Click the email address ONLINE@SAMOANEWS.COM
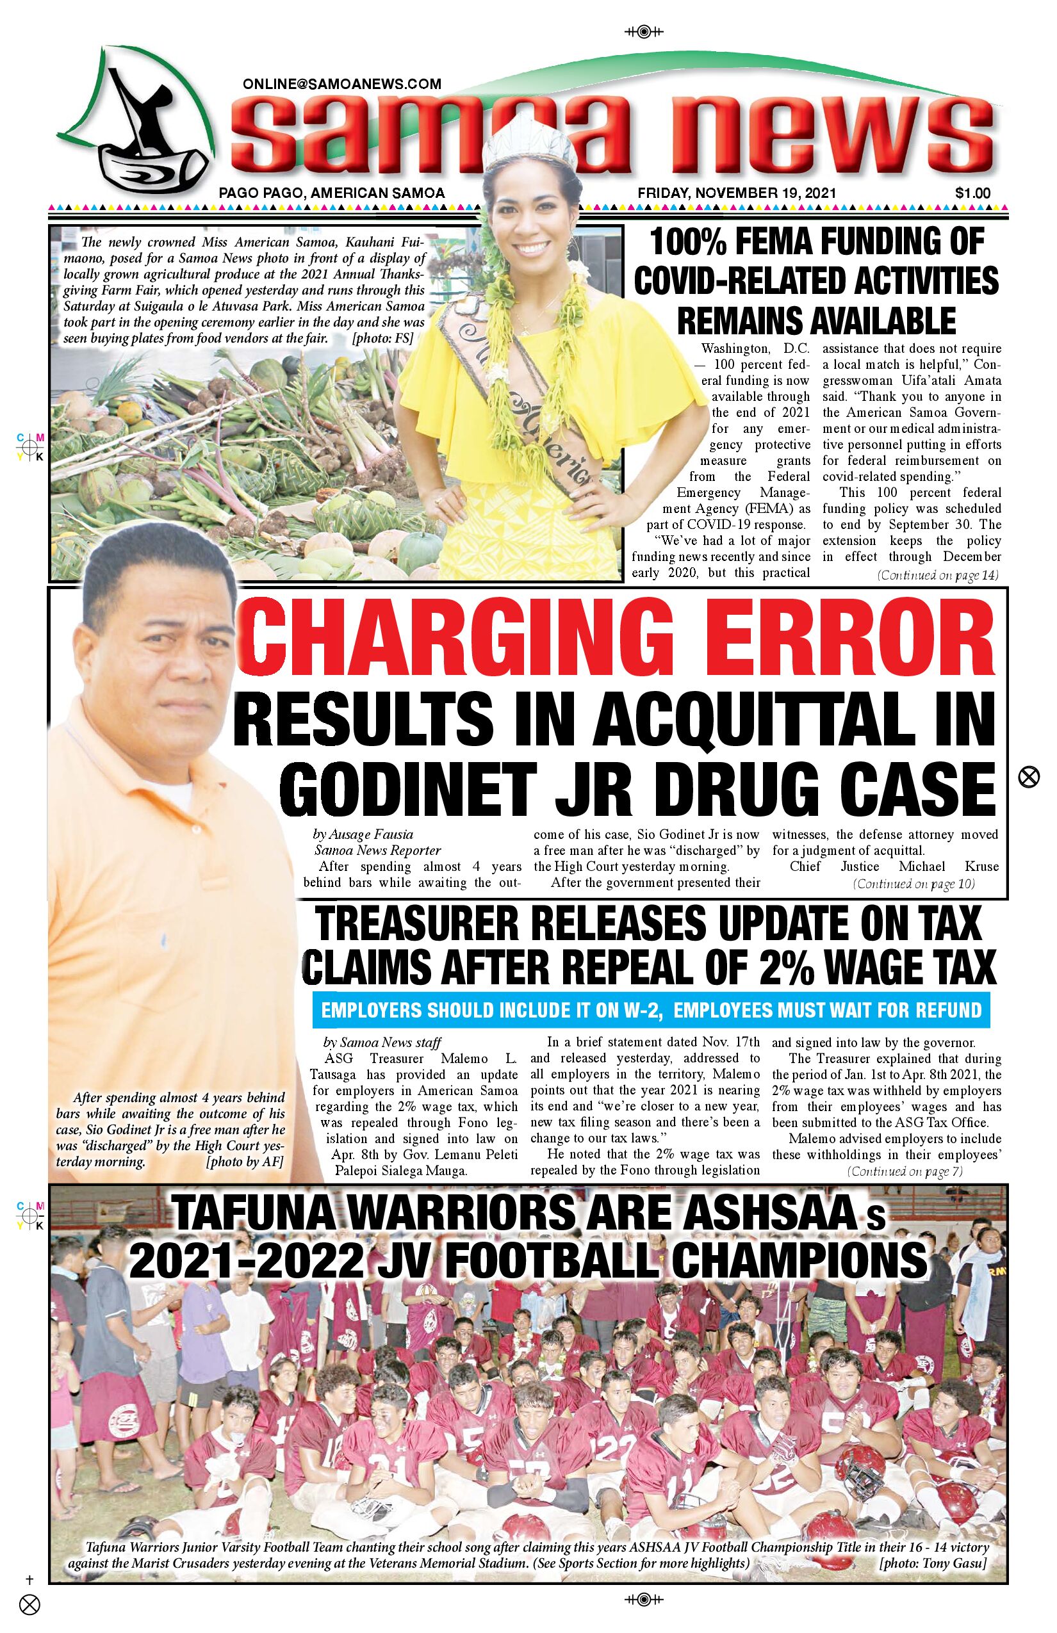point(342,85)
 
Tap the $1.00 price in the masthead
point(972,193)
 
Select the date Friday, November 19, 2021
point(737,193)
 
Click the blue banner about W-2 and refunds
point(651,1011)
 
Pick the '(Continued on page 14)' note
point(938,576)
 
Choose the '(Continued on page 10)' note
point(914,884)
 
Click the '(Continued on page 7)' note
point(905,1171)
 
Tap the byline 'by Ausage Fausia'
point(363,834)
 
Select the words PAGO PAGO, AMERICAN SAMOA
point(332,193)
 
